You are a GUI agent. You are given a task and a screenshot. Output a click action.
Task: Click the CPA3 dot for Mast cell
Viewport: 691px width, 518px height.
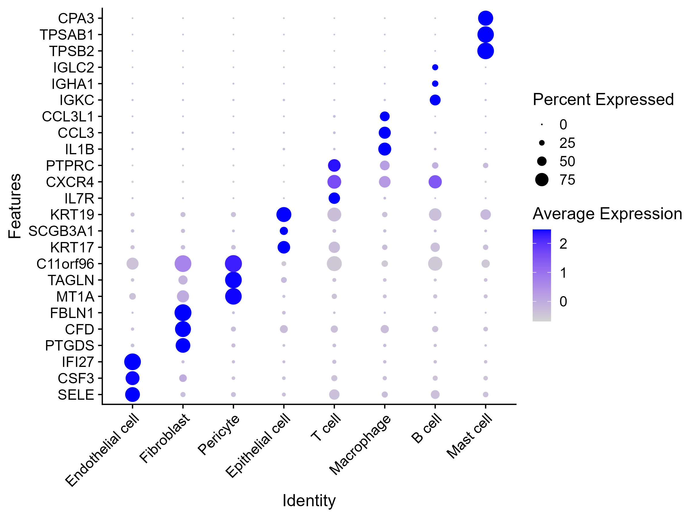485,18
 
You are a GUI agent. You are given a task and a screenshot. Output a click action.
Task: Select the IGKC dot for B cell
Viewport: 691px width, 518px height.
435,100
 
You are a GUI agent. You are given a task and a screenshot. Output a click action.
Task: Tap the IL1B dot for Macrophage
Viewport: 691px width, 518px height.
385,149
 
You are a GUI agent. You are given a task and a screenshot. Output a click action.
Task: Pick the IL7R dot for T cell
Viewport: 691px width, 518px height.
334,198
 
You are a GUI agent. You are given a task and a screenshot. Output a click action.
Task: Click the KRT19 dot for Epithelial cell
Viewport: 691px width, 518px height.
284,214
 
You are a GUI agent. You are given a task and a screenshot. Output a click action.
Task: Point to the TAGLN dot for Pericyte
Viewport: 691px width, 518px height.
233,280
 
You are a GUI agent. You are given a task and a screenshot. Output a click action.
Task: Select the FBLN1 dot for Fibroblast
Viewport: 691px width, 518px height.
183,313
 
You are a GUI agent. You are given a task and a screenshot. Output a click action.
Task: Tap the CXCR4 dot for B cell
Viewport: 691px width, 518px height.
435,182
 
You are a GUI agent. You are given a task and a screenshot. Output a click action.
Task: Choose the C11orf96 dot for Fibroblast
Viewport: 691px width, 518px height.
183,264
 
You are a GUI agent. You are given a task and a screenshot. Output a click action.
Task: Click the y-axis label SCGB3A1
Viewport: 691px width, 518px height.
61,231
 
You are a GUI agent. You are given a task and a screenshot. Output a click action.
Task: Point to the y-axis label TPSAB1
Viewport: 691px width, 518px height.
67,35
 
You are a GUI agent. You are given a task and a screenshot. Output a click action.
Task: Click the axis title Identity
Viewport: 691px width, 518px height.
309,500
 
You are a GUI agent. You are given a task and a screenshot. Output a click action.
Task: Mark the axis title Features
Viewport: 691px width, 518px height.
14,206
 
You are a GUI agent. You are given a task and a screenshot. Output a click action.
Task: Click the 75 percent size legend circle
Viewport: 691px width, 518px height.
542,180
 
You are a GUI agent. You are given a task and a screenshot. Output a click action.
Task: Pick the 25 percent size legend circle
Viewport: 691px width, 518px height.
542,143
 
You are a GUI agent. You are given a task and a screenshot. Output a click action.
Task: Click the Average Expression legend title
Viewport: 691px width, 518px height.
607,214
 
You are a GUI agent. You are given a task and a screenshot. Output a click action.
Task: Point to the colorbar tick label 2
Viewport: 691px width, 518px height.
563,244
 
